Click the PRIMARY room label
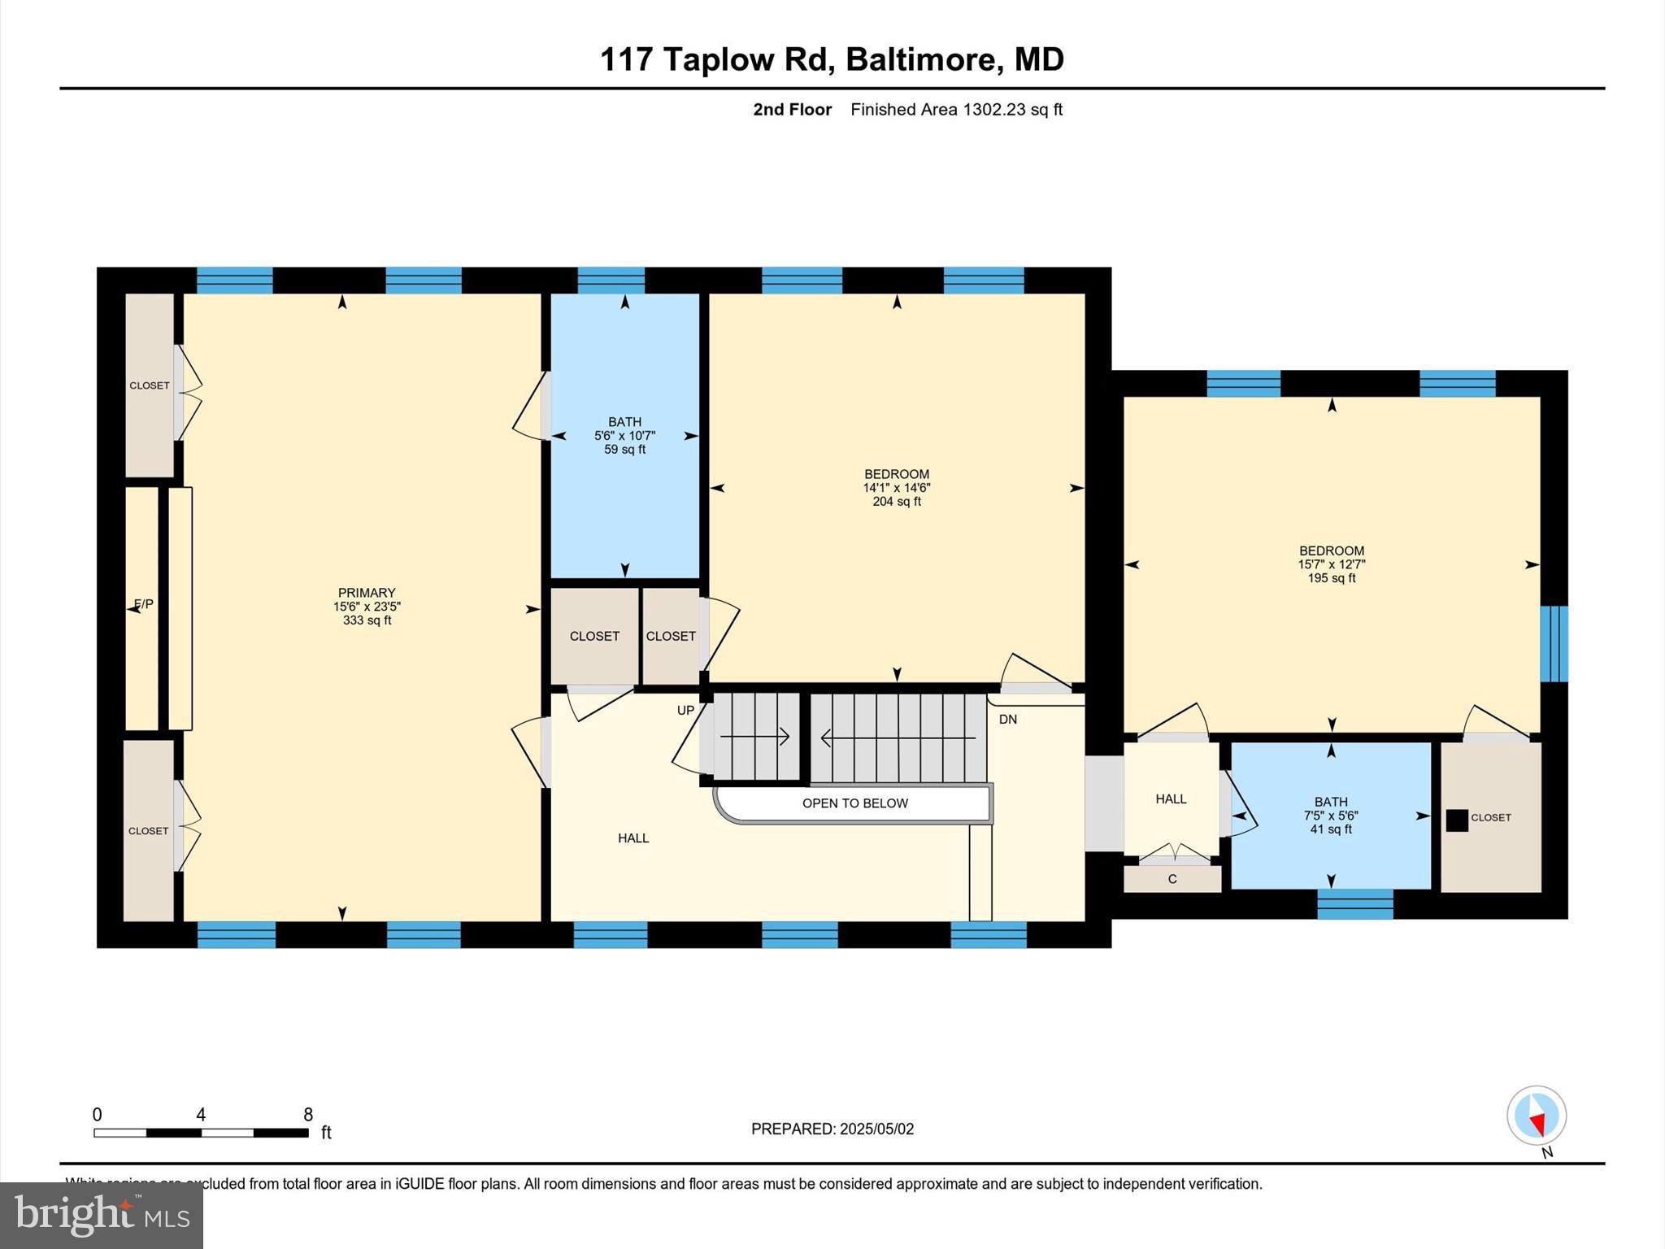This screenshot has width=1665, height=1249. click(367, 593)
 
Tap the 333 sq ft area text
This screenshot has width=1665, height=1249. click(367, 620)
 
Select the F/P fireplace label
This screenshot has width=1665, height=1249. click(144, 604)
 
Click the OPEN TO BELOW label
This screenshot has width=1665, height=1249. click(854, 803)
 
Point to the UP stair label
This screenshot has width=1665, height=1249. click(685, 711)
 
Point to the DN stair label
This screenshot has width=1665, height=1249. click(1007, 720)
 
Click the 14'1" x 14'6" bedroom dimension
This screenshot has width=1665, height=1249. click(896, 488)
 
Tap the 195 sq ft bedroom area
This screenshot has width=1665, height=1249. click(1331, 578)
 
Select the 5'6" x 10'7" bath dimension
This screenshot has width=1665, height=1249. click(624, 436)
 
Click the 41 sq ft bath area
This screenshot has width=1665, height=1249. click(1331, 829)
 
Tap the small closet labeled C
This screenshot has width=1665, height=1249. click(1172, 879)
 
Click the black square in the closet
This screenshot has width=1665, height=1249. click(1457, 820)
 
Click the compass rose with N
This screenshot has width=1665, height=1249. click(1536, 1116)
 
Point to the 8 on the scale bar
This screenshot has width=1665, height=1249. click(307, 1115)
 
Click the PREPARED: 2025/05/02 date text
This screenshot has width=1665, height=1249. click(832, 1129)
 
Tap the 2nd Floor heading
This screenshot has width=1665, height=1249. click(792, 110)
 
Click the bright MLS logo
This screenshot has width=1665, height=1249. click(102, 1215)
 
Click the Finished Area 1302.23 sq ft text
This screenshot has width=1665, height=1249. click(956, 110)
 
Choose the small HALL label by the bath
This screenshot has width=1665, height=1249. click(1171, 799)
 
